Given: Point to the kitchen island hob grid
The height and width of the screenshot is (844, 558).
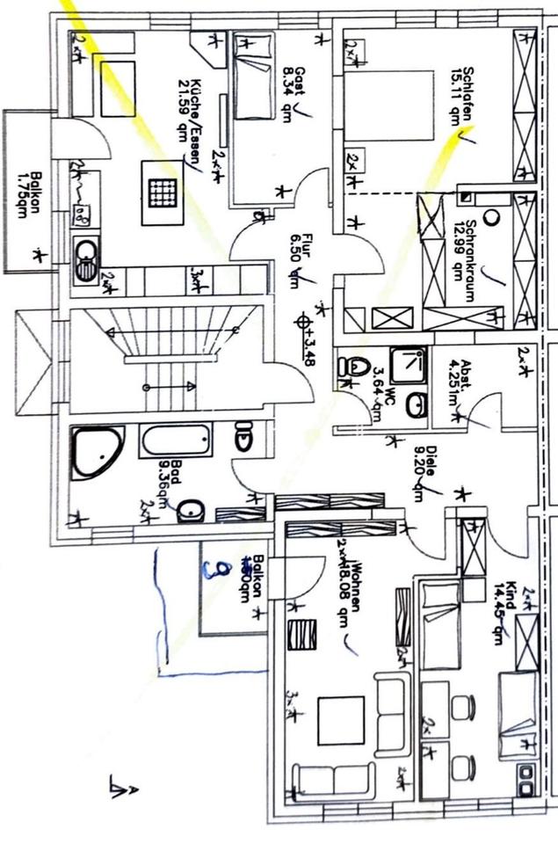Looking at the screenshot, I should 162,192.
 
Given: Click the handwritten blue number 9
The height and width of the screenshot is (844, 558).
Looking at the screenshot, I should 211,571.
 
